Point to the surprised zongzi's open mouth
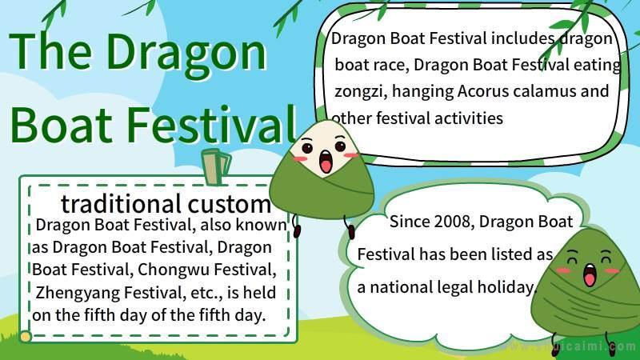326,162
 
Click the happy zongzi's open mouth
590,275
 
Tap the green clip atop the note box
215,167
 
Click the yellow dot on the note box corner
26,336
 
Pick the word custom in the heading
229,204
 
